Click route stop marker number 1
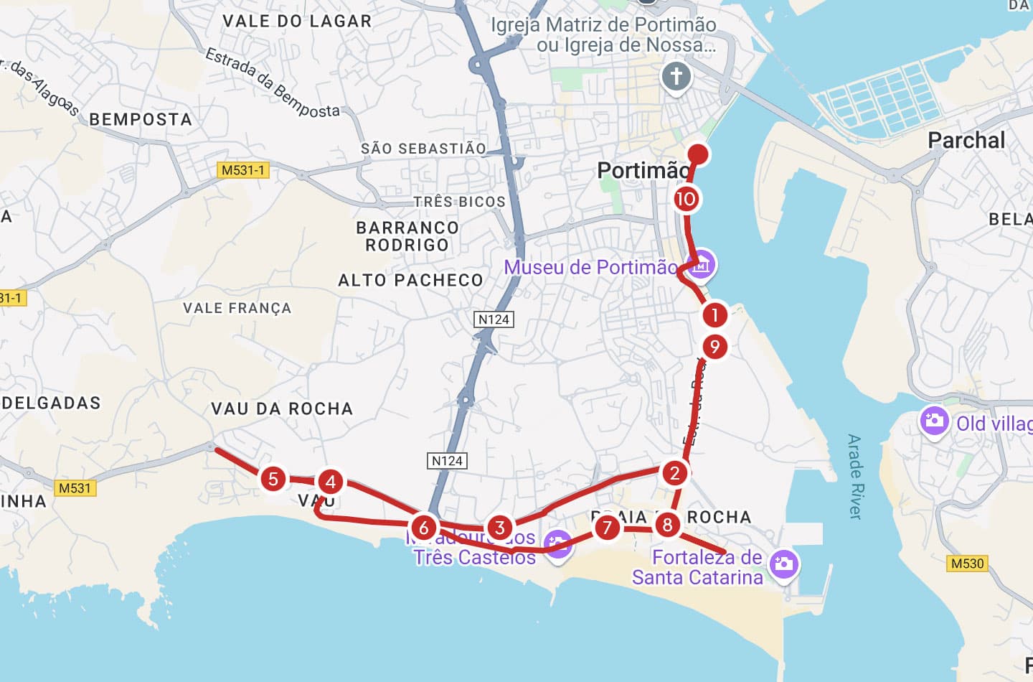[x=714, y=314]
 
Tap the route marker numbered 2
[x=674, y=473]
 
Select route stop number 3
[x=500, y=528]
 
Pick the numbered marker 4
[x=330, y=482]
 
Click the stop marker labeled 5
[x=273, y=479]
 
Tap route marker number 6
[x=424, y=528]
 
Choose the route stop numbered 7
[x=607, y=528]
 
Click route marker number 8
[x=667, y=525]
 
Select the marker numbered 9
[x=714, y=347]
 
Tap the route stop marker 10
[x=686, y=199]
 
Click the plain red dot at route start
[x=698, y=154]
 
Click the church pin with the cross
[x=676, y=76]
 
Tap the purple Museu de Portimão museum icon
[x=701, y=265]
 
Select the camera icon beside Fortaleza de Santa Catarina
[x=783, y=564]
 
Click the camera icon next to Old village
[x=934, y=420]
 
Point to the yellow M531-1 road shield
[x=242, y=170]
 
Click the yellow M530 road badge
[x=967, y=564]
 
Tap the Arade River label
[x=854, y=476]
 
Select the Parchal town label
[x=966, y=140]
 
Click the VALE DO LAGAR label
[x=297, y=21]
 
